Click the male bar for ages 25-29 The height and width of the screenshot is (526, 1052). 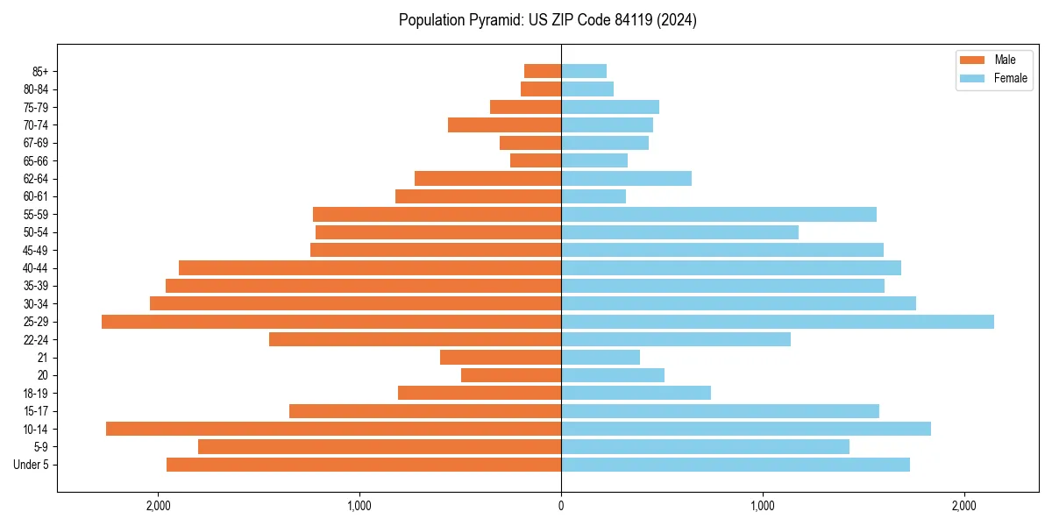(x=331, y=322)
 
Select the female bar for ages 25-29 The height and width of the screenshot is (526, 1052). (x=778, y=322)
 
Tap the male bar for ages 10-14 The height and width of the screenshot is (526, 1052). (x=333, y=429)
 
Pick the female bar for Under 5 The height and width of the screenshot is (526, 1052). (x=736, y=465)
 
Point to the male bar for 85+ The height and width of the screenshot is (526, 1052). (x=543, y=71)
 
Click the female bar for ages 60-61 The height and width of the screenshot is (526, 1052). (x=594, y=196)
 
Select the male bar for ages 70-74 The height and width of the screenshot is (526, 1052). (x=504, y=124)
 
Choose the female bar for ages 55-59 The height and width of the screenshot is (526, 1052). (x=719, y=214)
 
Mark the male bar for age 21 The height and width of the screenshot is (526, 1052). (x=501, y=357)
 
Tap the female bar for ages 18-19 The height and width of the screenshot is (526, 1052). (x=636, y=393)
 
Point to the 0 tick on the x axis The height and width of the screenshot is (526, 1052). (x=561, y=506)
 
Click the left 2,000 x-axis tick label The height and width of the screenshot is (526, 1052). (x=158, y=506)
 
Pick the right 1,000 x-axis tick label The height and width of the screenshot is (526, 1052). (x=763, y=506)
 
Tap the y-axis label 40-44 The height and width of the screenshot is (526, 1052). (x=36, y=268)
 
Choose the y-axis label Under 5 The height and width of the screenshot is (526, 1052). (x=32, y=465)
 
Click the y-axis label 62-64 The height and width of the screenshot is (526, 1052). (x=36, y=179)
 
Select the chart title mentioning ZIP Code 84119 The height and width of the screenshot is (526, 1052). (x=548, y=20)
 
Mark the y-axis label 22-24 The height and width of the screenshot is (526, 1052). (x=36, y=339)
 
